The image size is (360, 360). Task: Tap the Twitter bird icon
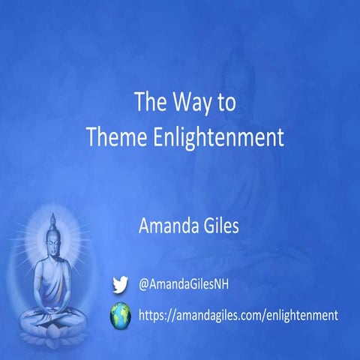coord(120,284)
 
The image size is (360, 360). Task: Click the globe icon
coord(120,316)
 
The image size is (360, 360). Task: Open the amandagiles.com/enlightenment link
coord(238,316)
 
